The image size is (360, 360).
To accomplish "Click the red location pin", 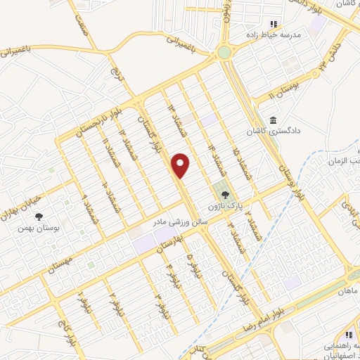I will pyautogui.click(x=181, y=165).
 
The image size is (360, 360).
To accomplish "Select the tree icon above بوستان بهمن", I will pyautogui.click(x=39, y=217).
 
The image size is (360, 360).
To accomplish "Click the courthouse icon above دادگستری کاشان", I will pyautogui.click(x=272, y=118).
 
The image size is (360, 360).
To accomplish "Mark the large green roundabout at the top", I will pyautogui.click(x=224, y=53).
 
